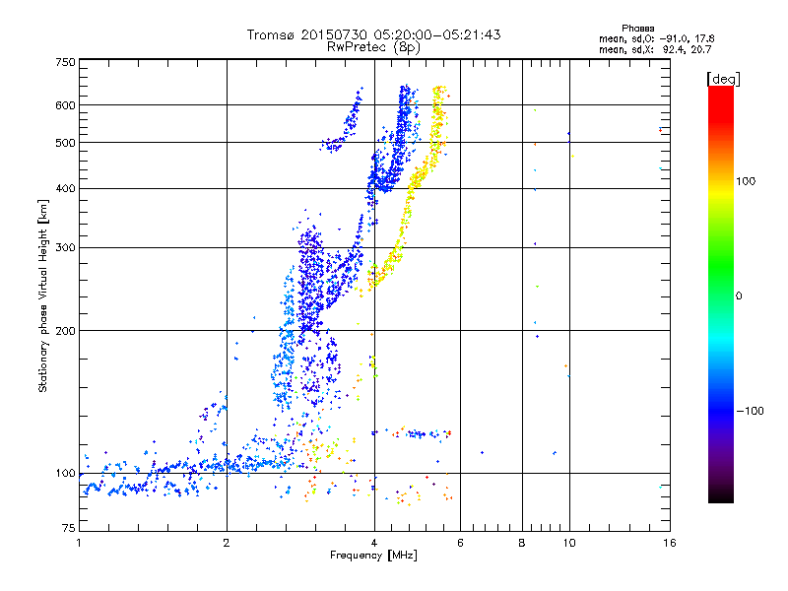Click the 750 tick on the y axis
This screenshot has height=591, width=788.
pyautogui.click(x=65, y=61)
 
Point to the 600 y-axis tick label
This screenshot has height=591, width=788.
pyautogui.click(x=65, y=104)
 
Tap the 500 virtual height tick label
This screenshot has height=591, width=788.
pyautogui.click(x=65, y=142)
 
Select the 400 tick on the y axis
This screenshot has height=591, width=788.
pyautogui.click(x=65, y=188)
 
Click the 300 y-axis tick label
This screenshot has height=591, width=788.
pyautogui.click(x=65, y=247)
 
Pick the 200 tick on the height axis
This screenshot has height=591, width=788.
pyautogui.click(x=65, y=330)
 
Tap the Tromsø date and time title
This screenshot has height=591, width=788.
pyautogui.click(x=374, y=34)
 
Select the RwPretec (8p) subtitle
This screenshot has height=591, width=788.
pyautogui.click(x=374, y=46)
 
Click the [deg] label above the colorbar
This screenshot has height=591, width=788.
pyautogui.click(x=722, y=78)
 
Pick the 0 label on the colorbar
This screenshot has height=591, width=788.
pyautogui.click(x=739, y=295)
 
